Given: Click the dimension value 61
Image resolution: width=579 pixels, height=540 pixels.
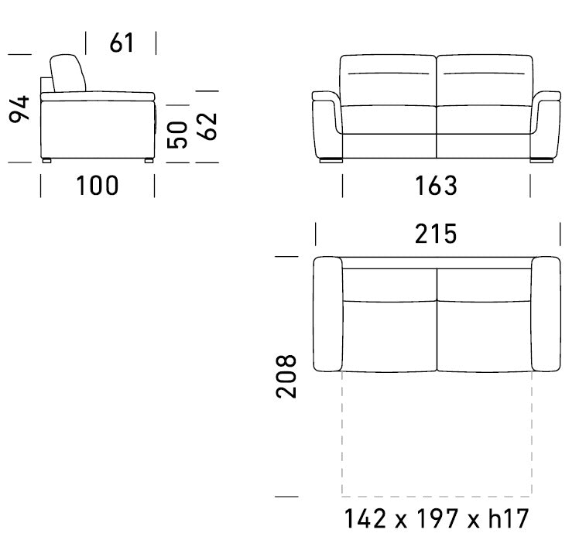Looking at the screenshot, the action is point(122,43).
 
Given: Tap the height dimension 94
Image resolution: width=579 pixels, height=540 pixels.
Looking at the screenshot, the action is point(19,109).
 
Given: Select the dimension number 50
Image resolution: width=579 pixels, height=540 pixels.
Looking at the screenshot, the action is point(177,135).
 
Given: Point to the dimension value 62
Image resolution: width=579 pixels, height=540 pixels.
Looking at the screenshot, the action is point(207,126).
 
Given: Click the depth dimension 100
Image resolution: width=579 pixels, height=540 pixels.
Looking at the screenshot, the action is point(98,186).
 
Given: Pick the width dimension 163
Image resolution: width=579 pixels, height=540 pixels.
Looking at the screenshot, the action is point(436,186).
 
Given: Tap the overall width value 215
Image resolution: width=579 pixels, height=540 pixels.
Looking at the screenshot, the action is point(436,234).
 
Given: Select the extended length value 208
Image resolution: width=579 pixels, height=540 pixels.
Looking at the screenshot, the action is point(286,377).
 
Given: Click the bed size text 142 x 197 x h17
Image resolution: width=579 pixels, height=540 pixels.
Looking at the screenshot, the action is point(436,518).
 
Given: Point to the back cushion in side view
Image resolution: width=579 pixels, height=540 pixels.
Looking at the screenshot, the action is point(67,73).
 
